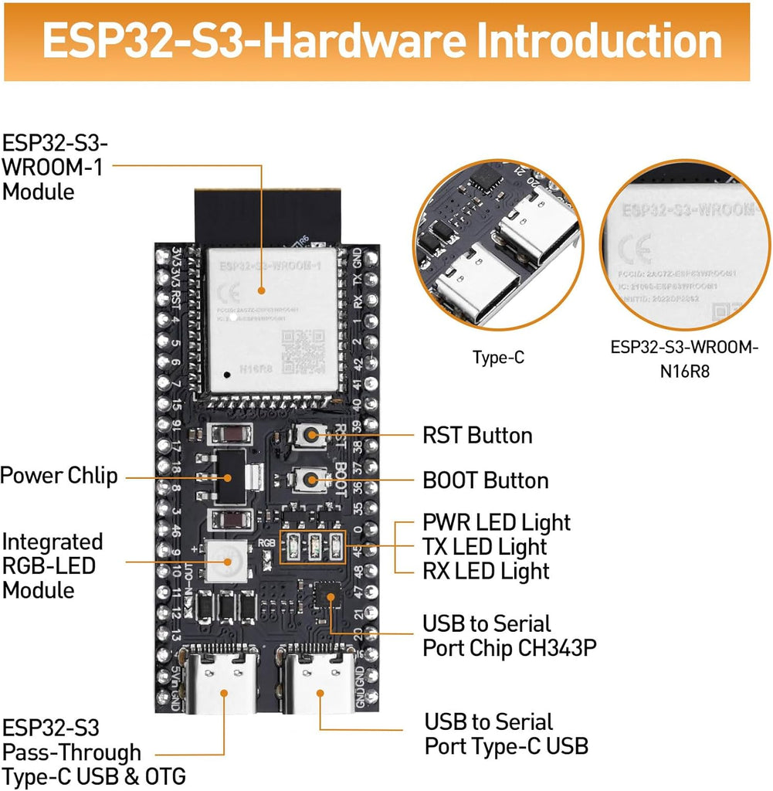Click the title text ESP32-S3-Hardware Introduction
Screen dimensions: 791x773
(383, 42)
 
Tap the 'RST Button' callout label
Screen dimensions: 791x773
(477, 436)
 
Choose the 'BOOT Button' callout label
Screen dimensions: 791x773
(485, 480)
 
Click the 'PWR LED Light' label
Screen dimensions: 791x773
(497, 523)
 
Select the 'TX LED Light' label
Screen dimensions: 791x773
(484, 548)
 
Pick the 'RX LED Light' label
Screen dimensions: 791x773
(486, 572)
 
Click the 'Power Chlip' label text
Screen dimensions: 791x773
(59, 475)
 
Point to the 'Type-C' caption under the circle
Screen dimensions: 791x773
(498, 358)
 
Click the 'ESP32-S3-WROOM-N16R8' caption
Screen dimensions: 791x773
(684, 359)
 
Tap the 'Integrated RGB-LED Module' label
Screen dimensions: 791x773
(52, 566)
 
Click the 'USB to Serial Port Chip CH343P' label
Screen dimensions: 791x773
(509, 636)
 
